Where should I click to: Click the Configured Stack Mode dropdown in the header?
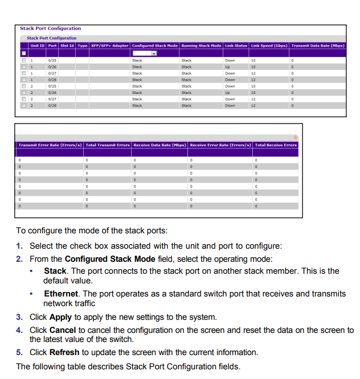pos(145,53)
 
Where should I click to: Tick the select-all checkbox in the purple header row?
pos(23,53)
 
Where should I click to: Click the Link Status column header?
pos(236,46)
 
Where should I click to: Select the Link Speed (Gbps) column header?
pos(268,46)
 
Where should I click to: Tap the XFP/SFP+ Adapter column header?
pos(109,46)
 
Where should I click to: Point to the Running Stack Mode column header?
pos(201,46)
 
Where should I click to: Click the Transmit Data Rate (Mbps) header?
pos(317,46)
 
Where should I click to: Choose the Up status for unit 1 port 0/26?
pos(227,67)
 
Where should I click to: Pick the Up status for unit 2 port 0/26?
pos(227,92)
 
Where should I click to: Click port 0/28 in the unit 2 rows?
pos(52,105)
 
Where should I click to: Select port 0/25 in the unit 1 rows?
pos(52,60)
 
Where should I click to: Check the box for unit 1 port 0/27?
pos(23,73)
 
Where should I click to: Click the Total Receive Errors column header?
pos(276,145)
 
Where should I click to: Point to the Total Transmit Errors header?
pos(108,145)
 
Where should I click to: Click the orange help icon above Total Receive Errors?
pos(295,137)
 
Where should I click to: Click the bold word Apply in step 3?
pos(60,317)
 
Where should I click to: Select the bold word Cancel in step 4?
pos(63,330)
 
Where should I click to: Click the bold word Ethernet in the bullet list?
pos(61,294)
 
